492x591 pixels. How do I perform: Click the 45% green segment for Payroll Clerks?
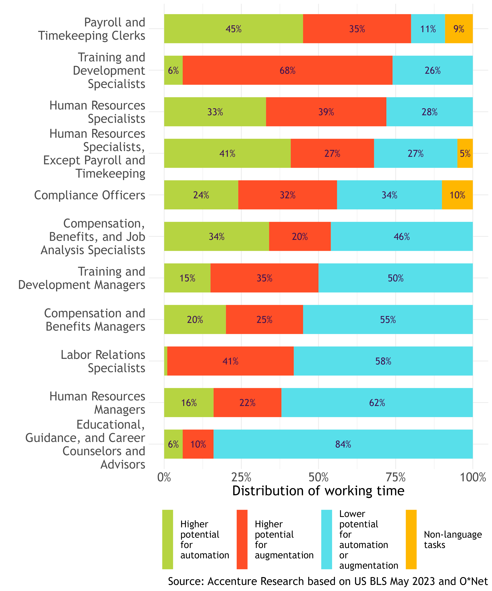(x=233, y=29)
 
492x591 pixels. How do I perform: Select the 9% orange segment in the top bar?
(x=459, y=29)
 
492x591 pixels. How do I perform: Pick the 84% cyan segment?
(x=343, y=444)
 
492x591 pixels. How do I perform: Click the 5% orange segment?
(x=465, y=153)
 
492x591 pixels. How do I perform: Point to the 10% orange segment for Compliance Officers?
(x=457, y=195)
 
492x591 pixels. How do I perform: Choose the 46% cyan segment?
(x=401, y=236)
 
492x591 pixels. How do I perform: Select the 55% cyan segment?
(x=388, y=319)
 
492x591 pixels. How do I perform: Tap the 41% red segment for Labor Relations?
(x=230, y=361)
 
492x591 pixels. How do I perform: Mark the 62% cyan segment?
(x=377, y=402)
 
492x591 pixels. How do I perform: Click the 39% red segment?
(x=326, y=112)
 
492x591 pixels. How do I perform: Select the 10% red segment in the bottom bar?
(x=198, y=444)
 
